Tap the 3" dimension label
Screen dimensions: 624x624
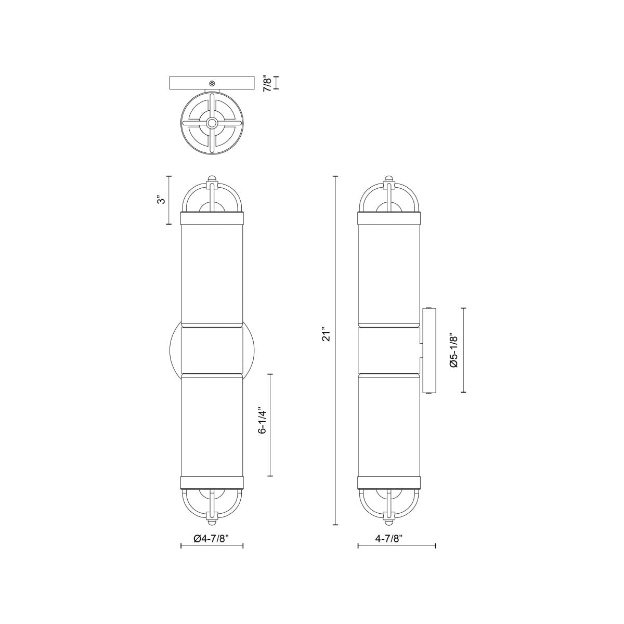(162, 200)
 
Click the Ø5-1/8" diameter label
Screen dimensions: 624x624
(453, 350)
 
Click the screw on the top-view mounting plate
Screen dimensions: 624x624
(212, 83)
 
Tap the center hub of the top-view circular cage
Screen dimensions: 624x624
(212, 123)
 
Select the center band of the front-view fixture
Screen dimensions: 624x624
(212, 349)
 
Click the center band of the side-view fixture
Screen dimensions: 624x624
(389, 349)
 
